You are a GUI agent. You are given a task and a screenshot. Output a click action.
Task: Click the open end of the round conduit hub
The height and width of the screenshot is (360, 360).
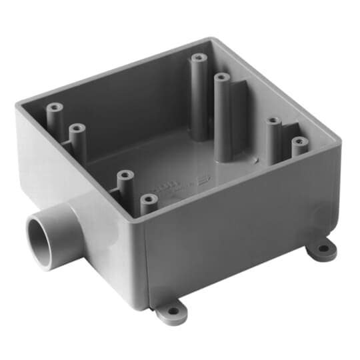[x=41, y=242]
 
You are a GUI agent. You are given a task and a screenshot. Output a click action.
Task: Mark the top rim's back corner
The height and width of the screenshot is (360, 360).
[x=211, y=41]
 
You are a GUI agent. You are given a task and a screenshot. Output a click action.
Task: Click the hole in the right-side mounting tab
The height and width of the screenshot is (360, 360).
[x=323, y=249]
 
